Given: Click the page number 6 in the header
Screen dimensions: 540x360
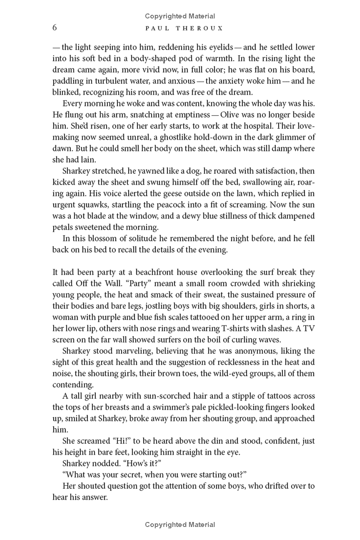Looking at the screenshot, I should pyautogui.click(x=54, y=28).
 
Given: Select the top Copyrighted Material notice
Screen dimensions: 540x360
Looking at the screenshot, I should pyautogui.click(x=180, y=16).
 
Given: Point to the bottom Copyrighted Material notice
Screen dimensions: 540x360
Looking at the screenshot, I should pyautogui.click(x=180, y=524).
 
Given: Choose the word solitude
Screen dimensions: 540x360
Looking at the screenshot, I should pyautogui.click(x=135, y=238).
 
